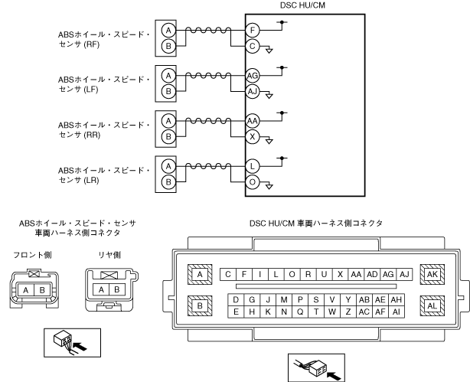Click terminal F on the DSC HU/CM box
click(x=253, y=31)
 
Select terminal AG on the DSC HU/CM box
click(x=253, y=76)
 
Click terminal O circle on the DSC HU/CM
click(x=253, y=183)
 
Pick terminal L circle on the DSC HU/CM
click(x=253, y=166)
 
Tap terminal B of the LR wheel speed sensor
click(x=169, y=183)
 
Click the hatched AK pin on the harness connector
click(x=432, y=274)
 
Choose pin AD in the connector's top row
click(x=373, y=274)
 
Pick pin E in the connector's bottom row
click(x=238, y=312)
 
